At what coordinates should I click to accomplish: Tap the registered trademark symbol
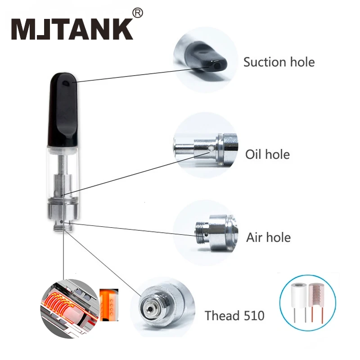point(138,13)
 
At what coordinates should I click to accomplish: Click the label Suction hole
point(279,62)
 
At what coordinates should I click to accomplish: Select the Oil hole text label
point(267,154)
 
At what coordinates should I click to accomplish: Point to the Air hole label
point(268,237)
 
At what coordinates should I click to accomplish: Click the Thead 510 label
point(234,315)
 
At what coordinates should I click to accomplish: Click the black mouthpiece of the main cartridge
point(63,108)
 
